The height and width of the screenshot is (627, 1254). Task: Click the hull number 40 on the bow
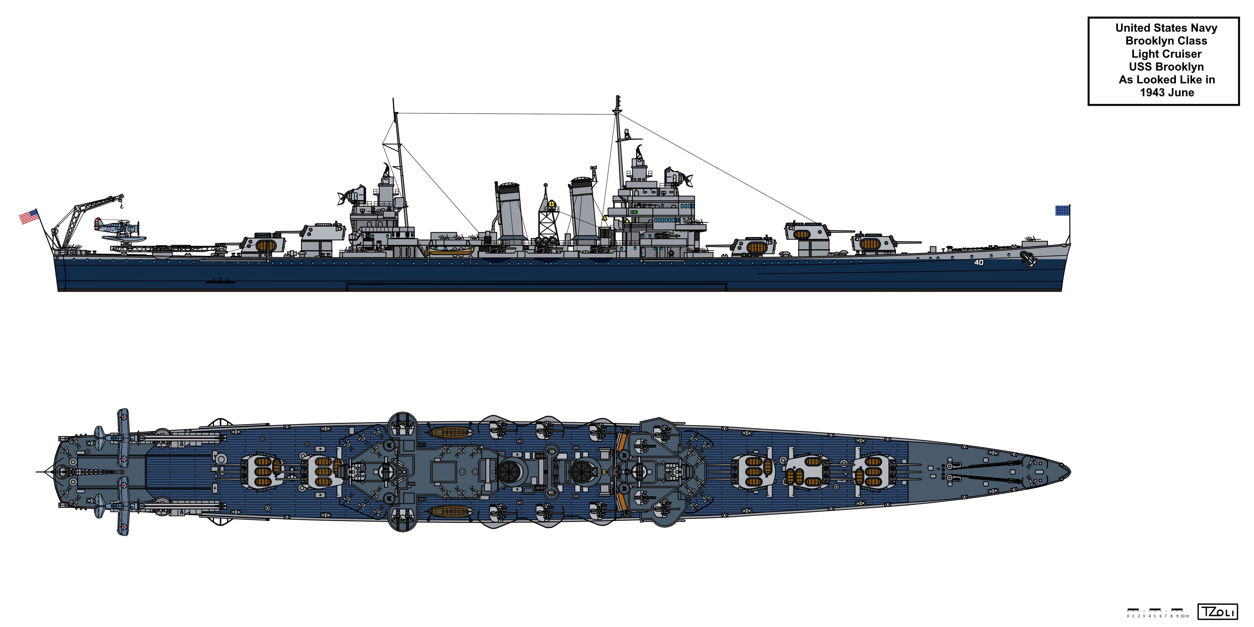click(979, 262)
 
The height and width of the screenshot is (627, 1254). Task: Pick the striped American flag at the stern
click(29, 217)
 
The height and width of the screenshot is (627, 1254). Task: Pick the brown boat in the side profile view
click(450, 251)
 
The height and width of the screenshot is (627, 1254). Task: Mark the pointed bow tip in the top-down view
click(1069, 471)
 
